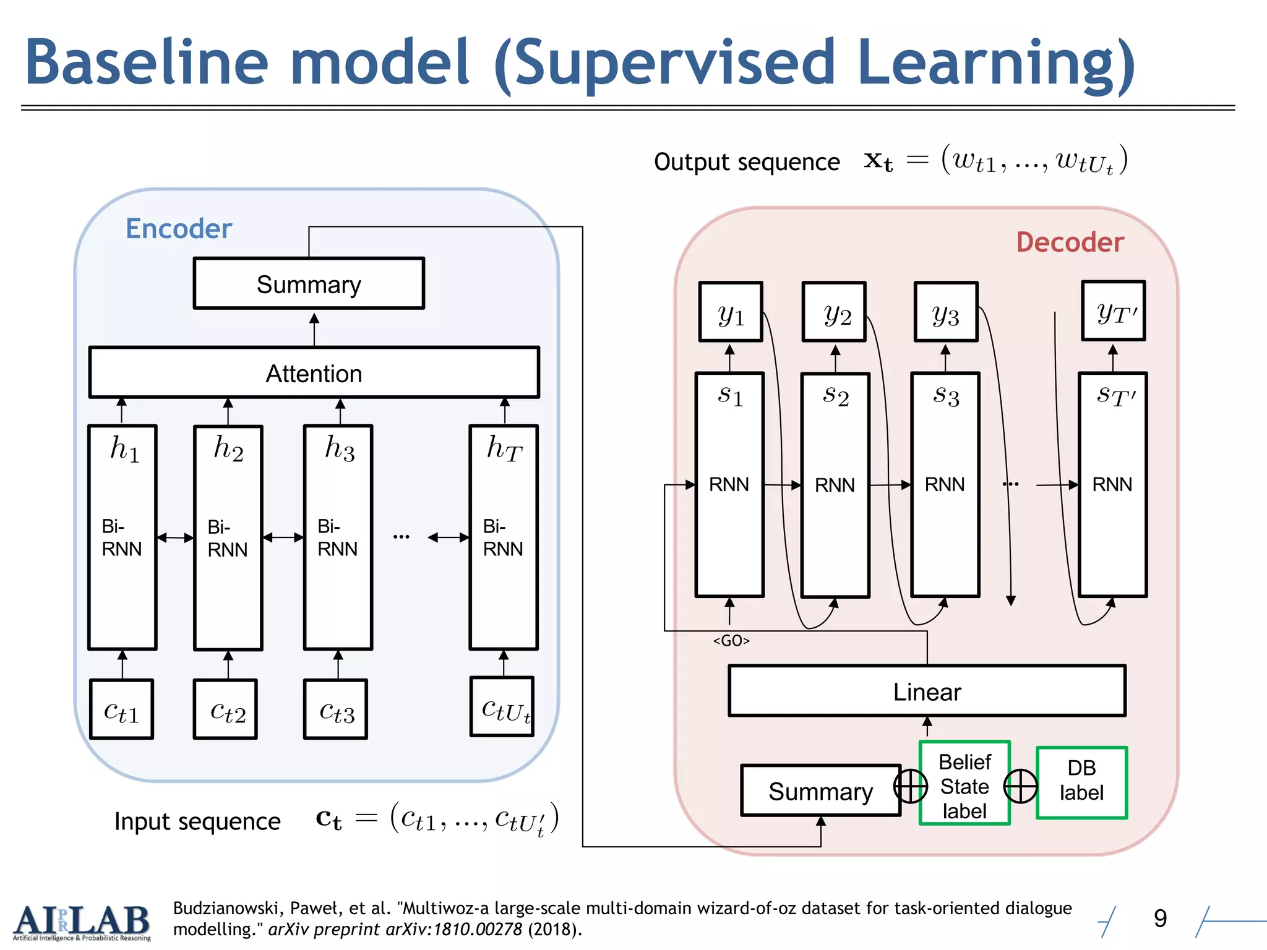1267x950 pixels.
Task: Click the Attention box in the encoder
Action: tap(314, 373)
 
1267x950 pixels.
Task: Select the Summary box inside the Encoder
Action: tap(309, 284)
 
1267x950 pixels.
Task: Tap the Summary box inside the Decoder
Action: tap(820, 791)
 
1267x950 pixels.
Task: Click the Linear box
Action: tap(927, 691)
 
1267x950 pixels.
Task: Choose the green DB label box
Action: tap(1081, 782)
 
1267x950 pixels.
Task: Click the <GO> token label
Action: tap(731, 641)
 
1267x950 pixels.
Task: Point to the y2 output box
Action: tap(834, 312)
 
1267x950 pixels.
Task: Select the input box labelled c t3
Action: tap(336, 710)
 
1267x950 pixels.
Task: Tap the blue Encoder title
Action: tap(178, 229)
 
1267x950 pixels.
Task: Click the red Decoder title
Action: tap(1070, 242)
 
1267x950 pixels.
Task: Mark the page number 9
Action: tap(1160, 918)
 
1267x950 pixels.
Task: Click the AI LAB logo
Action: tap(81, 922)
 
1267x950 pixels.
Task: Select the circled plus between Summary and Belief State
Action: tap(911, 787)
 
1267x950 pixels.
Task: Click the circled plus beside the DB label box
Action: tap(1020, 786)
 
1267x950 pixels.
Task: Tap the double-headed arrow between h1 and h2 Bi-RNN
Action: tap(175, 537)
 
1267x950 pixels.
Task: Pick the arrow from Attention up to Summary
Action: tap(314, 328)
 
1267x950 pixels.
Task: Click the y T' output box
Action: tap(1113, 311)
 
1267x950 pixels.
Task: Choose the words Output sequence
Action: tap(747, 162)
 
